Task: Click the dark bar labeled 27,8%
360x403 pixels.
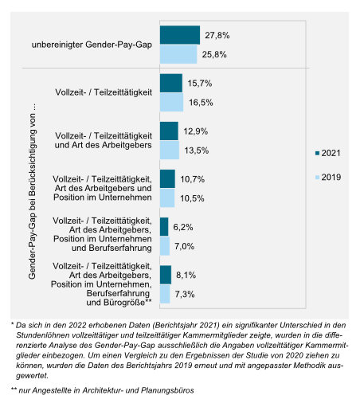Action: pyautogui.click(x=179, y=35)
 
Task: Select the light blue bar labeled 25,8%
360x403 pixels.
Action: pyautogui.click(x=178, y=54)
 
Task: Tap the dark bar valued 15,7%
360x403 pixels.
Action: pyautogui.click(x=170, y=84)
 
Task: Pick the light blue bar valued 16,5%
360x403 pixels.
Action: pyautogui.click(x=171, y=103)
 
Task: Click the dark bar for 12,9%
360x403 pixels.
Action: pyautogui.click(x=169, y=131)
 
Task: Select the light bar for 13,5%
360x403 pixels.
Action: pyautogui.click(x=170, y=150)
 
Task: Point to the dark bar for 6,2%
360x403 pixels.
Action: pyautogui.click(x=164, y=227)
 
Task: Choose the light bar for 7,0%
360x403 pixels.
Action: pyautogui.click(x=165, y=246)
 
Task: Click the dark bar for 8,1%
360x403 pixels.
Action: pyautogui.click(x=166, y=275)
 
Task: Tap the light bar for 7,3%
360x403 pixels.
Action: pyautogui.click(x=165, y=294)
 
